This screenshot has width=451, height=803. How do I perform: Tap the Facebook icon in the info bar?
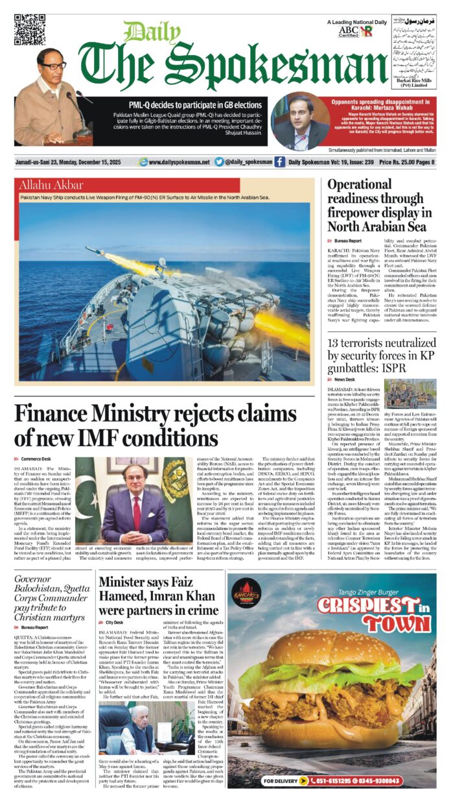coord(279,162)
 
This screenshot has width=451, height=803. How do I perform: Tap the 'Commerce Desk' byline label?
coord(35,459)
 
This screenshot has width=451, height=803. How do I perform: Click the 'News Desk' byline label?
coord(346,379)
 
